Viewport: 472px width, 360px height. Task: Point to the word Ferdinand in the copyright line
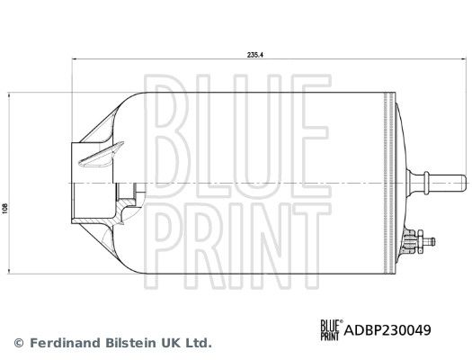pos(63,343)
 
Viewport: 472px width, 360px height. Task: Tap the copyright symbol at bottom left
pos(18,343)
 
